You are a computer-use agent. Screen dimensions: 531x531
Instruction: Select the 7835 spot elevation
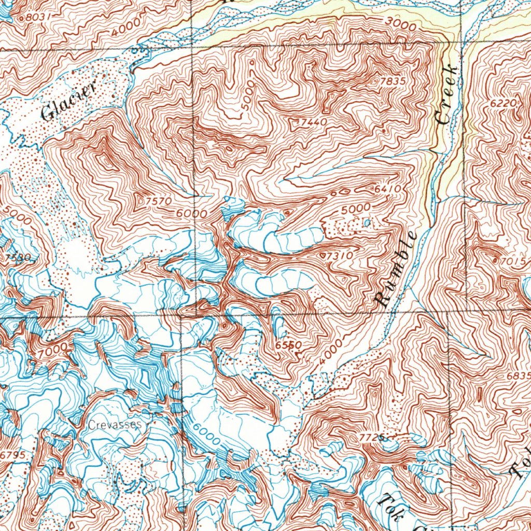393,81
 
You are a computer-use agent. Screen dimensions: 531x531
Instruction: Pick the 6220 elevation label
503,104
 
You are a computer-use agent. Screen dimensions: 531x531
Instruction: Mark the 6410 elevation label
388,190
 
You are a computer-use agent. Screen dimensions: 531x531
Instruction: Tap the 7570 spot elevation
159,201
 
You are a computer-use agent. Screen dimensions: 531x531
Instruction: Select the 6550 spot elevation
289,345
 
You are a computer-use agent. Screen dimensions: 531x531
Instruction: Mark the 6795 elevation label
12,455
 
